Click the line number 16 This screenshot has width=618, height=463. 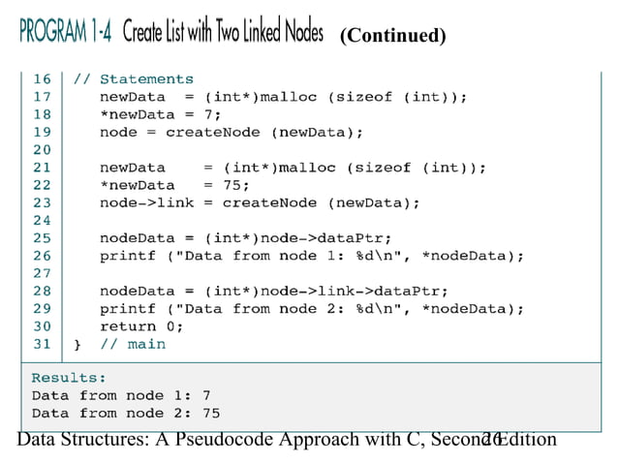point(42,79)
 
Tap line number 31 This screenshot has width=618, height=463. point(42,344)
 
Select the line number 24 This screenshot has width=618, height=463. point(42,220)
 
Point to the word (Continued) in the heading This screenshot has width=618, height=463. point(392,36)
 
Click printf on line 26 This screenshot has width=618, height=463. point(123,256)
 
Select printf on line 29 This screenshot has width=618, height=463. point(123,309)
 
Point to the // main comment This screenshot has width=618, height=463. point(133,344)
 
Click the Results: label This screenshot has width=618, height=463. point(69,378)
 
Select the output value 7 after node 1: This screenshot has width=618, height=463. point(205,395)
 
